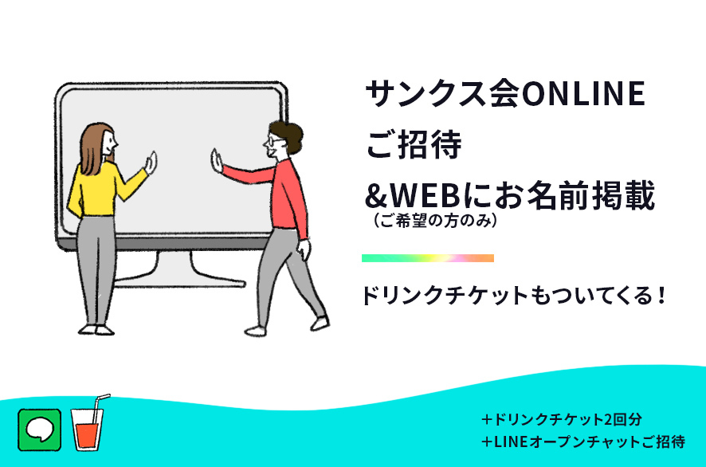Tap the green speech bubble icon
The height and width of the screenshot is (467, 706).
click(40, 430)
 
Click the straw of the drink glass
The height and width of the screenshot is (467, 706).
click(99, 407)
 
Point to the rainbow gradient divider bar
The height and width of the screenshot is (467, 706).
click(428, 258)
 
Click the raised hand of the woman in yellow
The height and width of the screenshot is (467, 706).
click(151, 163)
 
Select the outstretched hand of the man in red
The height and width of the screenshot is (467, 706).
click(217, 161)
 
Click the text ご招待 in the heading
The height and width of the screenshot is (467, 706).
click(414, 144)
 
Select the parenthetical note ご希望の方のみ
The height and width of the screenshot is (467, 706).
click(435, 221)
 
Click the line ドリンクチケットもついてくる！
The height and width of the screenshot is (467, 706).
click(514, 296)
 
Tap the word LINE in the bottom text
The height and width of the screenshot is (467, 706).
click(511, 441)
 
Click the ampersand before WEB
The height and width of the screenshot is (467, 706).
click(377, 196)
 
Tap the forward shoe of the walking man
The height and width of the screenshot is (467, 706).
click(320, 324)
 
